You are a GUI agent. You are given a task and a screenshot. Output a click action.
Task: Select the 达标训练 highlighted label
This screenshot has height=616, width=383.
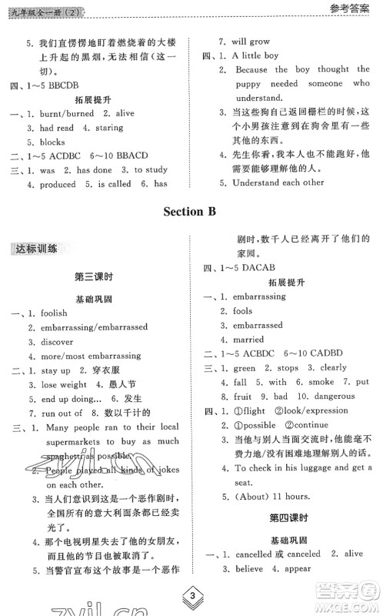tap(38, 249)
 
